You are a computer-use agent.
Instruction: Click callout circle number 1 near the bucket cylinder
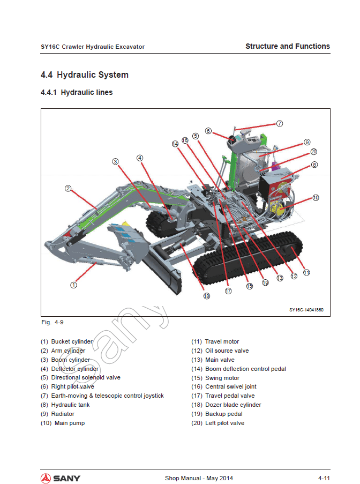(x=74, y=285)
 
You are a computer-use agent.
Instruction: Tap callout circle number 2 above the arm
(x=68, y=188)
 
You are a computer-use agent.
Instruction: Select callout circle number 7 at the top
(x=280, y=123)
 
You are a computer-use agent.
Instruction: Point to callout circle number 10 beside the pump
(x=316, y=198)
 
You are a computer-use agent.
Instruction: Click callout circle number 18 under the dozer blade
(x=207, y=296)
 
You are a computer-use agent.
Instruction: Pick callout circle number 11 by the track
(x=306, y=272)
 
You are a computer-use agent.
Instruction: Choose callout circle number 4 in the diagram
(x=140, y=158)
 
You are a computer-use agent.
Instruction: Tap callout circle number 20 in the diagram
(x=314, y=152)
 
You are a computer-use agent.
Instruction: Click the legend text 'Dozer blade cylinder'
(x=233, y=405)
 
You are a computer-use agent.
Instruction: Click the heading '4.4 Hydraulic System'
(x=85, y=75)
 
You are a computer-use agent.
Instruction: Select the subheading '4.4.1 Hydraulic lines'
(x=77, y=92)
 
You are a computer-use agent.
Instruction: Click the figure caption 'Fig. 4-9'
(x=52, y=322)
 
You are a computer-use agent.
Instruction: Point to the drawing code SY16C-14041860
(x=306, y=310)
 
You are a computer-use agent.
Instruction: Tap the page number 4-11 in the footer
(x=324, y=478)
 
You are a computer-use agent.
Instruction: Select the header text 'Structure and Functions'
(x=288, y=46)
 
